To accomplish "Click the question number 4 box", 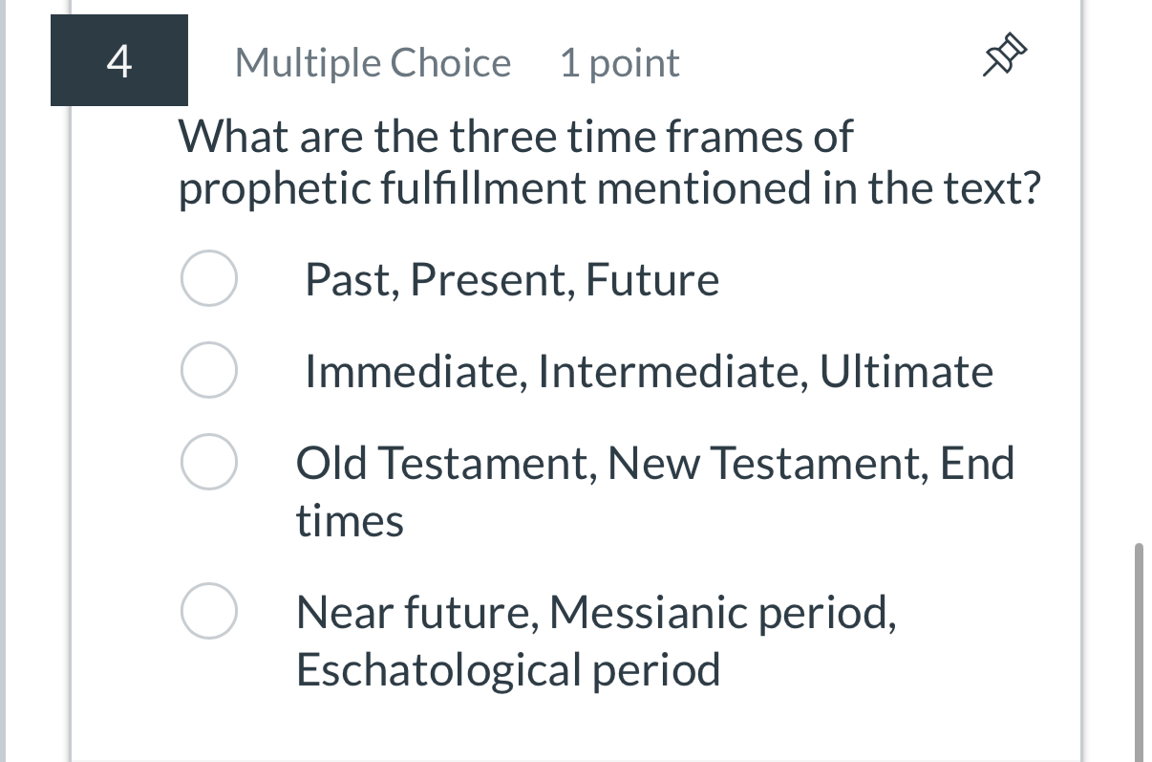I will [x=118, y=61].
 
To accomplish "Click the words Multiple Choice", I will [x=373, y=63].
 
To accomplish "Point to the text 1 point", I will [x=619, y=63].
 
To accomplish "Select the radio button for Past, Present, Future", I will [x=208, y=279].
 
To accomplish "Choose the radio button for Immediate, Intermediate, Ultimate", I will [x=208, y=371].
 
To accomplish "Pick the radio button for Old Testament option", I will [x=208, y=463].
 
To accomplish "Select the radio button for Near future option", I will [x=208, y=612].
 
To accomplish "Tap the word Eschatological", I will [x=438, y=669].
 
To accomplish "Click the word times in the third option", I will [x=350, y=522].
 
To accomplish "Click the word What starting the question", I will [x=234, y=137].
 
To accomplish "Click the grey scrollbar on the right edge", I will [x=1138, y=650].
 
